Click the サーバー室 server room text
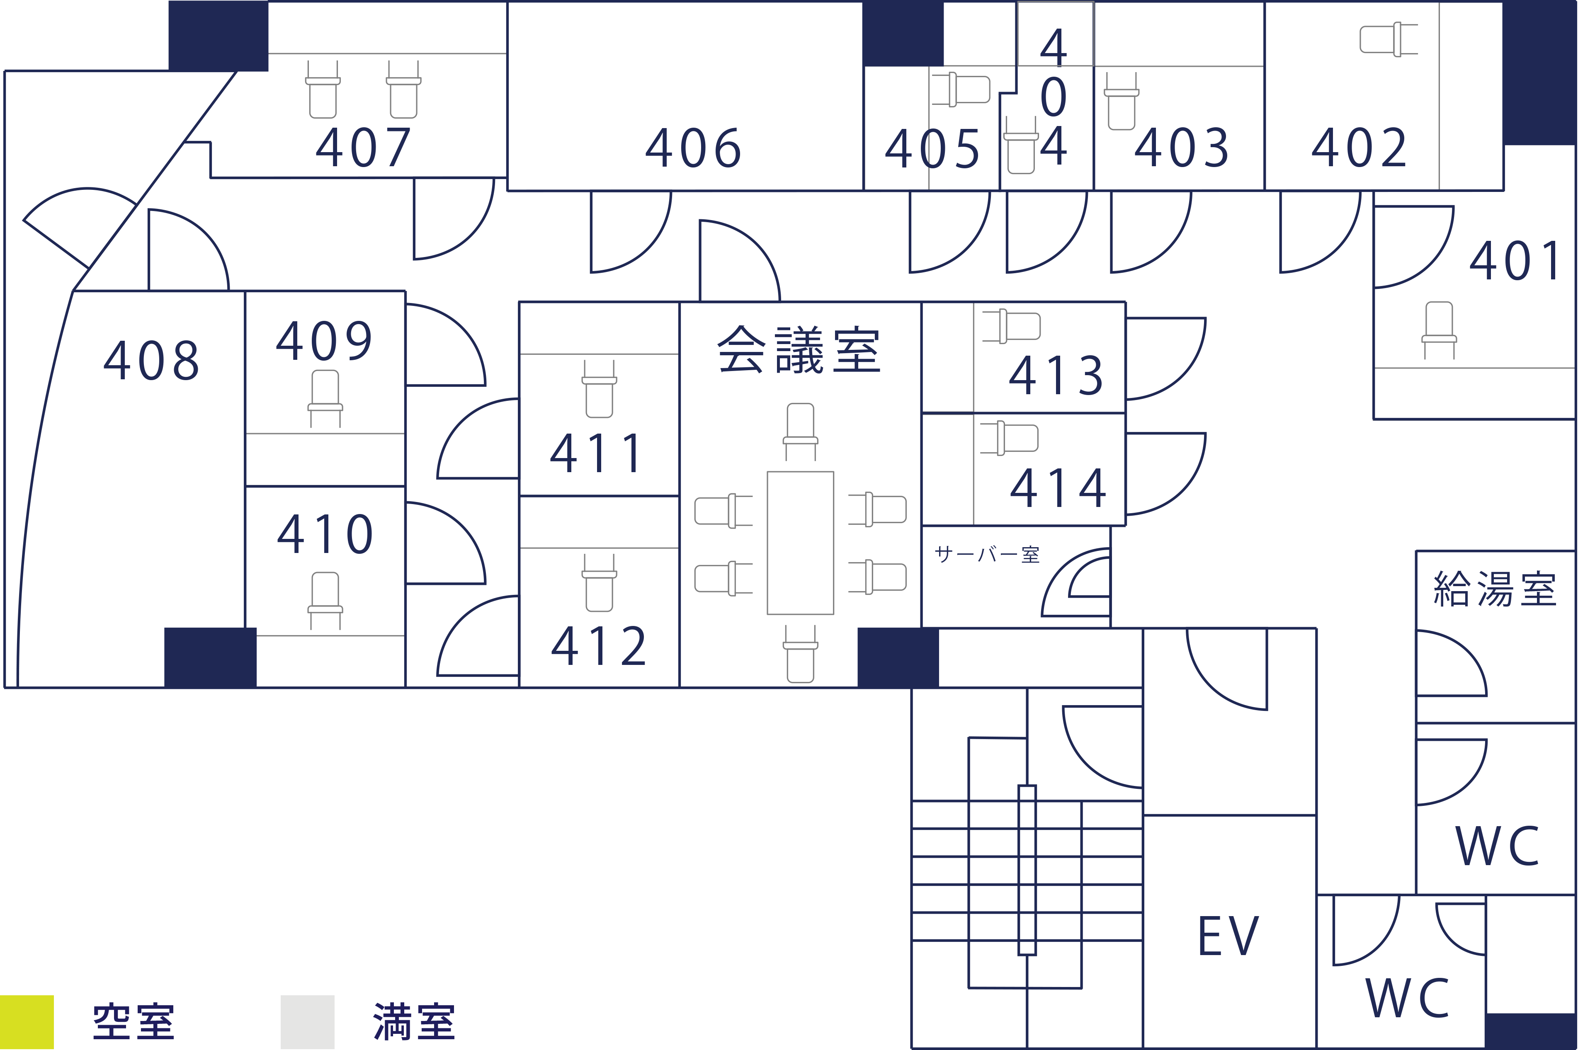987,555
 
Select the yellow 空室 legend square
27,1022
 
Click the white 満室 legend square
307,1022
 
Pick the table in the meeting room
800,543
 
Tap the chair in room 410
325,600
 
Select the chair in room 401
1439,330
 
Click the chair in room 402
1389,39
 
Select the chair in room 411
599,389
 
